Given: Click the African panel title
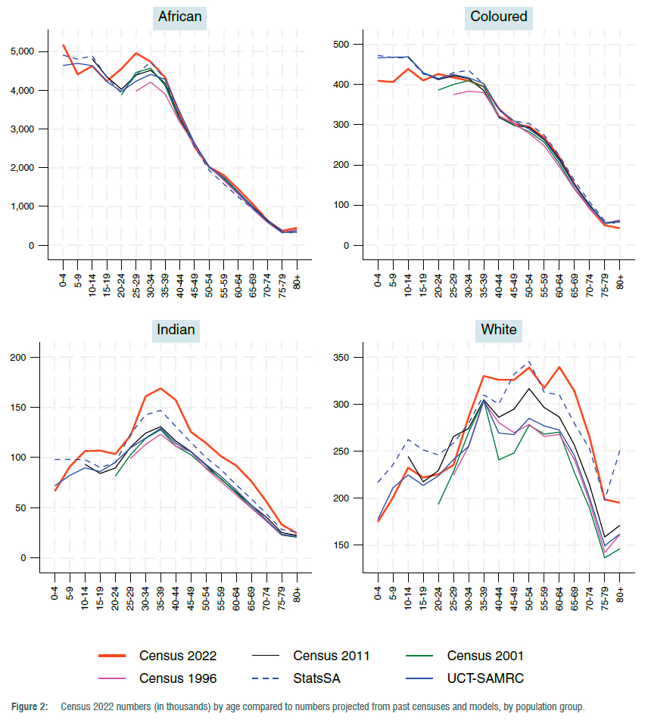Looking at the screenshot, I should tap(180, 17).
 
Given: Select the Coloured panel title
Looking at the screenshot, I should tap(499, 17).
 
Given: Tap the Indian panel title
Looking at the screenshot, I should tap(176, 329).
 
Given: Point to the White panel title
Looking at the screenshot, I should tap(499, 329).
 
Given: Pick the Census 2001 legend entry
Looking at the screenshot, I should tap(485, 656).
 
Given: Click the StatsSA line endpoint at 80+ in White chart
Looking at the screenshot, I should tap(620, 450).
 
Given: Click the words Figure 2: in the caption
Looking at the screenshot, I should tap(30, 706).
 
